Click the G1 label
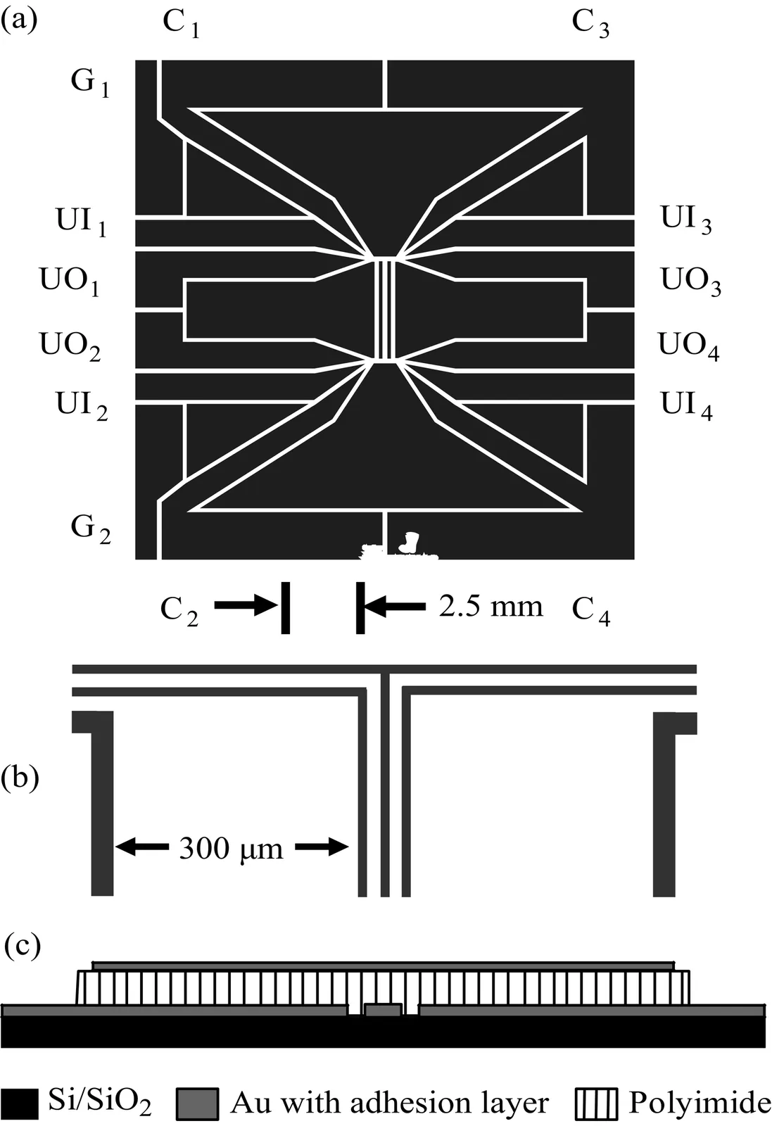90,84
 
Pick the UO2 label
70,346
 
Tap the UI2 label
82,406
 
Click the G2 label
91,529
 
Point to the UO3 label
690,281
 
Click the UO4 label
689,346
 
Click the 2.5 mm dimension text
491,606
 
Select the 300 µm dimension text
231,849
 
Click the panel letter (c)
23,944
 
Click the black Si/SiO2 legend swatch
19,1103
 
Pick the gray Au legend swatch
196,1103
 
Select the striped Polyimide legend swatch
596,1103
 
